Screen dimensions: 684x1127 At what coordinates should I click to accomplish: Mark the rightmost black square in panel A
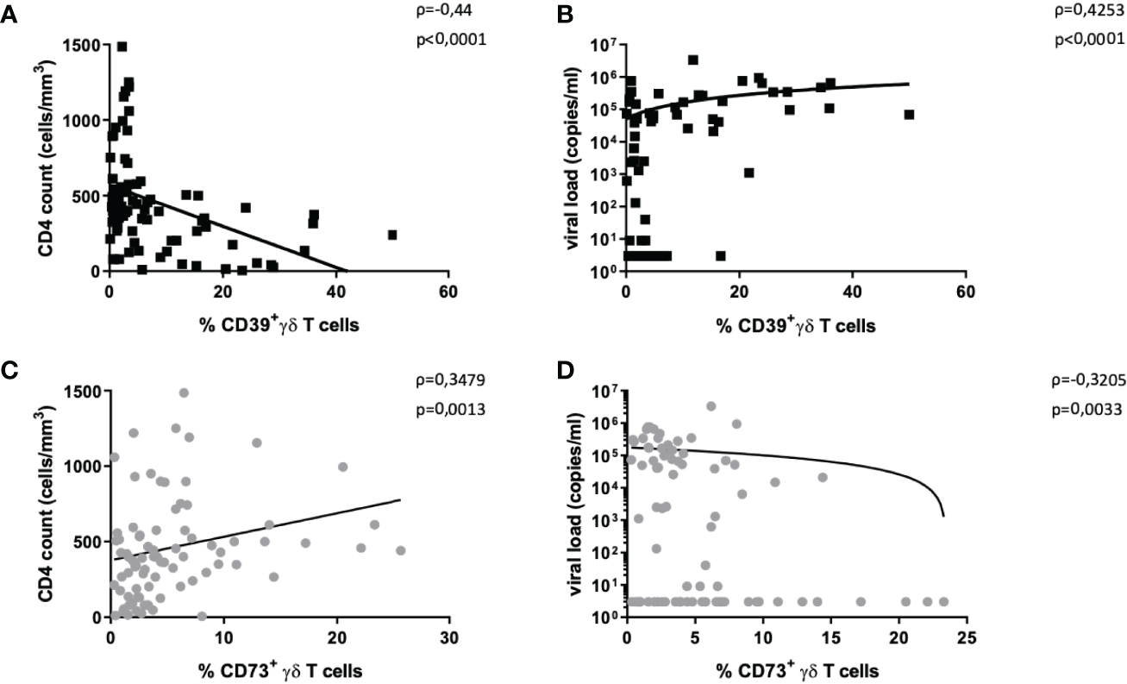(392, 235)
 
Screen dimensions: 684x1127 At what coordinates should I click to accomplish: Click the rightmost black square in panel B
(909, 115)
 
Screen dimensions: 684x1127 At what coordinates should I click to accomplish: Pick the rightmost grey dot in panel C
(400, 550)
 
